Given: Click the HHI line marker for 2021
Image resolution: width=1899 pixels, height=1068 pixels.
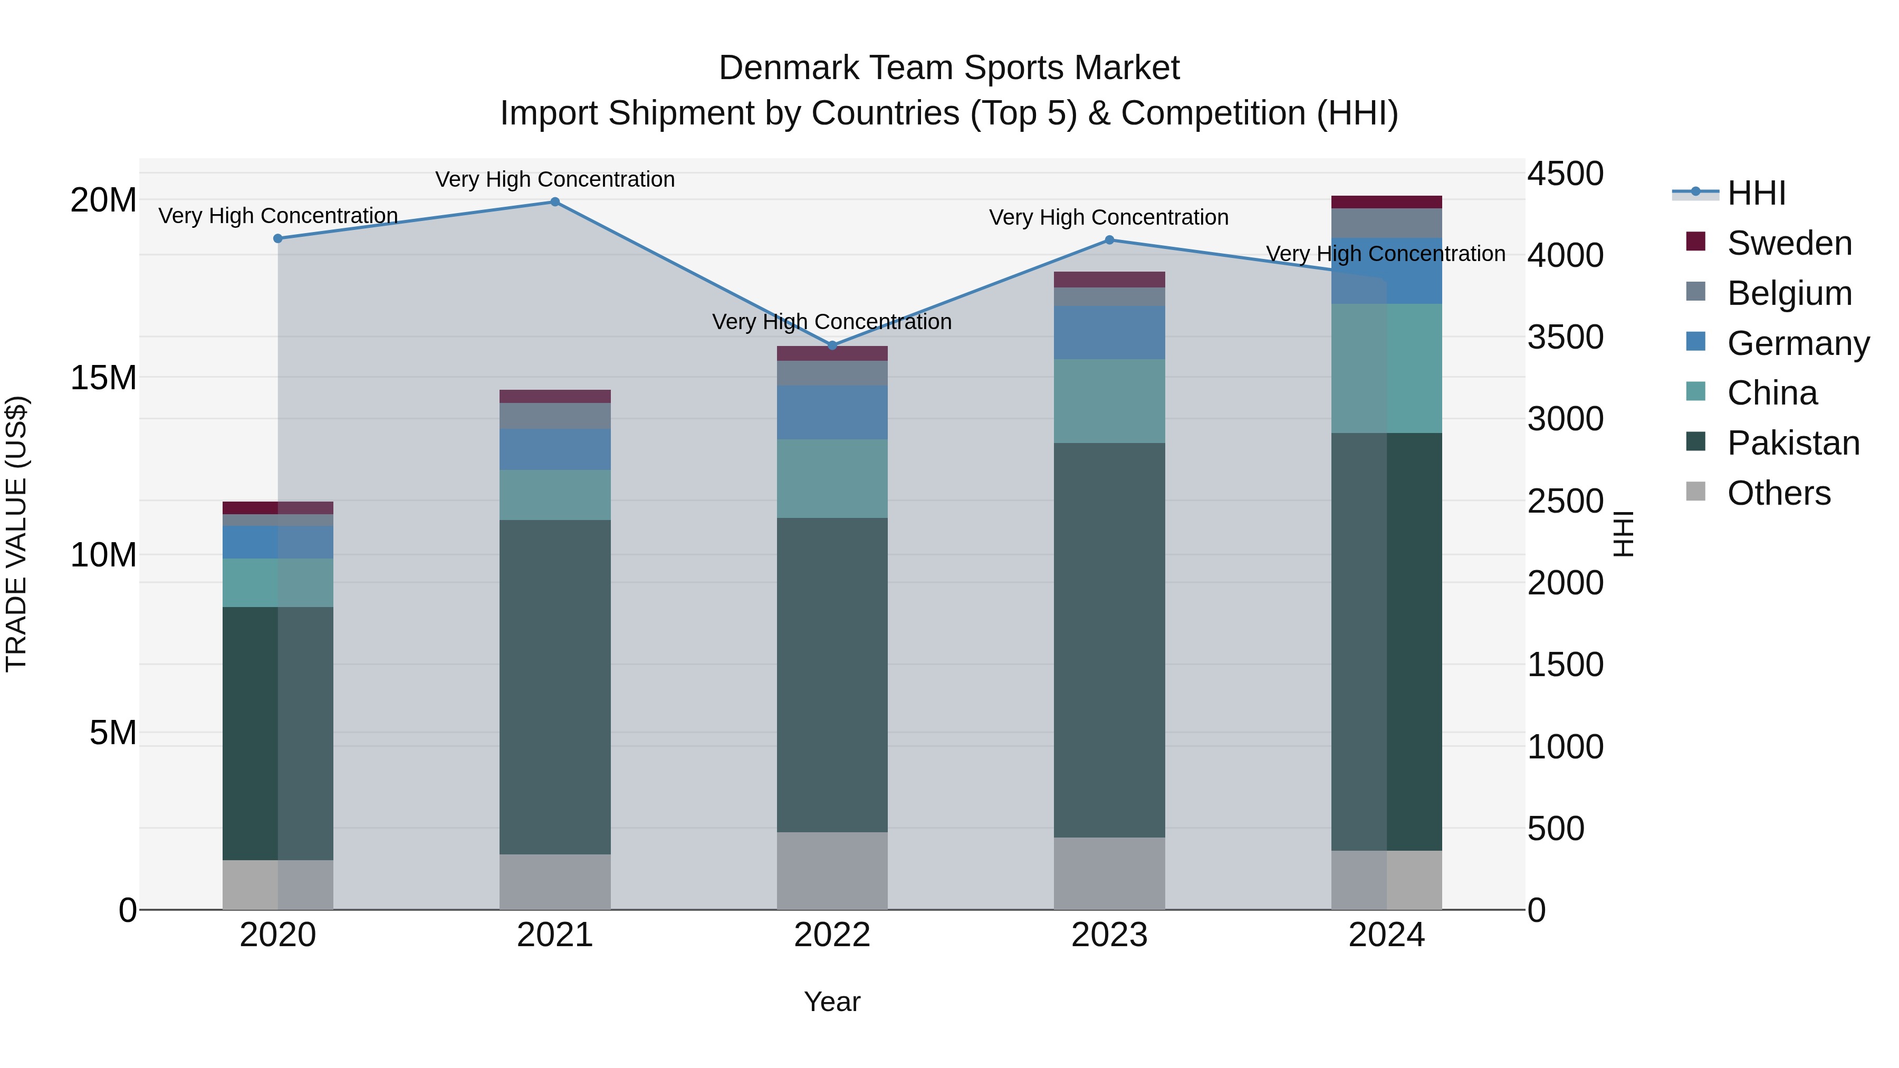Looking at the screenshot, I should [555, 202].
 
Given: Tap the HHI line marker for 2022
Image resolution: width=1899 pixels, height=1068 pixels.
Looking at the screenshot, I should [832, 345].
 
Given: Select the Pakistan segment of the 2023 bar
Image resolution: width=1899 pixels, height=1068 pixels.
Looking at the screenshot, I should [1109, 640].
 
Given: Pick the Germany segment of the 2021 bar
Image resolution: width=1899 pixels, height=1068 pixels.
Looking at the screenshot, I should [555, 449].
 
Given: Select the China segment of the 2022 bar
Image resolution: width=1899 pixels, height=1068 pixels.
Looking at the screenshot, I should [832, 478].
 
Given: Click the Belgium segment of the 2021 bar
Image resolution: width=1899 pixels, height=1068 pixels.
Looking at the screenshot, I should [555, 416].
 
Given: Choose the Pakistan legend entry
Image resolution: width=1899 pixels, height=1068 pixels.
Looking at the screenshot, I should [1793, 443].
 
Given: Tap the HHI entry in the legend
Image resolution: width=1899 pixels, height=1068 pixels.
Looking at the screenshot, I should [1756, 193].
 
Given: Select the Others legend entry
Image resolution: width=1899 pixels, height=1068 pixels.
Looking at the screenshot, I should [1778, 493].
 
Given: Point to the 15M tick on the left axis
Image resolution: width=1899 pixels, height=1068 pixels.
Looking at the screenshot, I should [103, 378].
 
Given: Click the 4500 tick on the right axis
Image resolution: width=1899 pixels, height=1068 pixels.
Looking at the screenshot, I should [1565, 174].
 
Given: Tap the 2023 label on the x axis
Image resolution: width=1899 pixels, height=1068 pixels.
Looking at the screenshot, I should [1109, 935].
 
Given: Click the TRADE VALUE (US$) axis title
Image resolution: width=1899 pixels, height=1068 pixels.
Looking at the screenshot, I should [16, 534].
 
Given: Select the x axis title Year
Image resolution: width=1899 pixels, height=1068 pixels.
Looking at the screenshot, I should [832, 1002].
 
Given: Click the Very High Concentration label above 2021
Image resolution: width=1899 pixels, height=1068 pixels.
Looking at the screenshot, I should [555, 179].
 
